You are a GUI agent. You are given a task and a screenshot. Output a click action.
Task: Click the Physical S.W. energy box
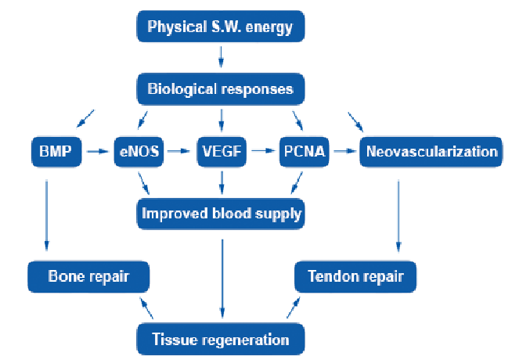pos(221,27)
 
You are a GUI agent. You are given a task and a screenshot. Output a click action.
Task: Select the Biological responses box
pos(221,89)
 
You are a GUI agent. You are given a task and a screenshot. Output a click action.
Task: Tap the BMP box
pos(56,152)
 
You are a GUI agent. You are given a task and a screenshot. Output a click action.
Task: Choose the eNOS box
pos(139,152)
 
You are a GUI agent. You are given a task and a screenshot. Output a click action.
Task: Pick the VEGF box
pos(222,152)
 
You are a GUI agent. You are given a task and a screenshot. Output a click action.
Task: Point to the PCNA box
pos(305,152)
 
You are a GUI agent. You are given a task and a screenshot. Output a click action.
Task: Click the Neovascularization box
pos(431,152)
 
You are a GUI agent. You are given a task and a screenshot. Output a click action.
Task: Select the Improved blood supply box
pos(221,214)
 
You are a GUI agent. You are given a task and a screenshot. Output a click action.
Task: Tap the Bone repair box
pos(88,276)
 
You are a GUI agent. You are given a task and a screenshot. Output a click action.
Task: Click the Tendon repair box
pos(355,276)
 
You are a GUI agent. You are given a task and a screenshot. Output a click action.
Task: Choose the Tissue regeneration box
pos(221,339)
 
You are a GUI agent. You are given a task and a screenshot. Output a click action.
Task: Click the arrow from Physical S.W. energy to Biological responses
pos(221,57)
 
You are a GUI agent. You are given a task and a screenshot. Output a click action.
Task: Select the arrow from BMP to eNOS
pos(97,152)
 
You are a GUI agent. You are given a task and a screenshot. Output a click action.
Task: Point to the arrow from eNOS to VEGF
pos(178,151)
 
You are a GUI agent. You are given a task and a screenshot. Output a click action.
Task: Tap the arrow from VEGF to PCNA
pos(263,151)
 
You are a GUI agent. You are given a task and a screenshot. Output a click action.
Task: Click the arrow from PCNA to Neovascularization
pos(344,151)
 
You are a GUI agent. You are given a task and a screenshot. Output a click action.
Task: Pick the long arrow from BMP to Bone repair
pos(47,215)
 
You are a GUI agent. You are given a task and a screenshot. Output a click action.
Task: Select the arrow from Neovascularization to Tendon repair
pos(398,216)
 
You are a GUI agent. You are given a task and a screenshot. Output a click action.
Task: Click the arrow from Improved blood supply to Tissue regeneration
pos(222,279)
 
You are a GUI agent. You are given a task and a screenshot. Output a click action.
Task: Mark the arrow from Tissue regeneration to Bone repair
pos(146,308)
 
